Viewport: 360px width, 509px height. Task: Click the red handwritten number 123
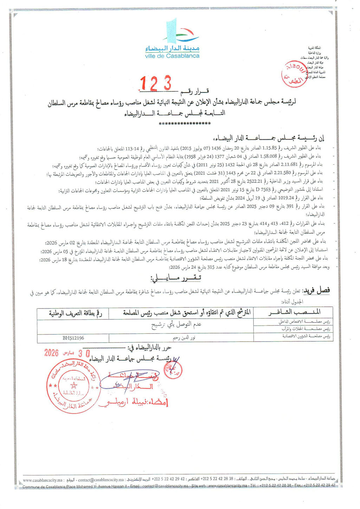(x=156, y=84)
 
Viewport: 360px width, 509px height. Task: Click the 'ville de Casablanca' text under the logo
(x=172, y=56)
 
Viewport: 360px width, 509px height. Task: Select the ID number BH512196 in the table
(x=73, y=338)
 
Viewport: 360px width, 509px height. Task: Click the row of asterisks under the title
(x=185, y=124)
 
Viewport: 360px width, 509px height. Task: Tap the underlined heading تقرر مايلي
(x=176, y=278)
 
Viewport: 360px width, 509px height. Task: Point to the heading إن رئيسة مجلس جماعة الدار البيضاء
(x=270, y=138)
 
